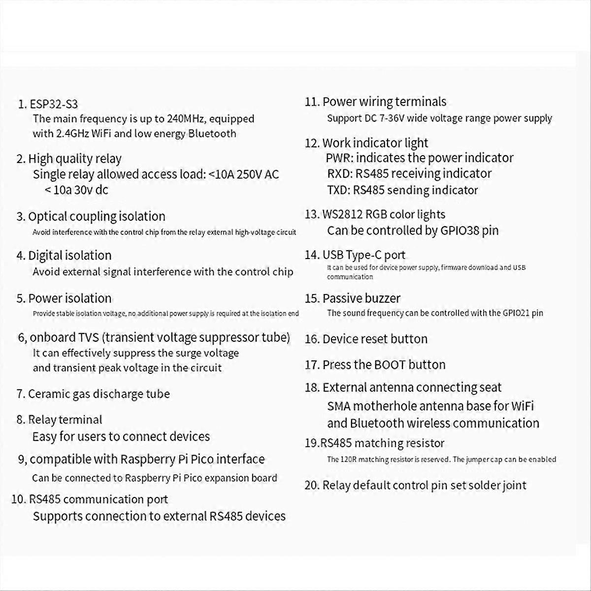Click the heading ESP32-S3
pyautogui.click(x=54, y=104)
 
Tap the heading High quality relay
pyautogui.click(x=74, y=159)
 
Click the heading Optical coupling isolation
pyautogui.click(x=97, y=217)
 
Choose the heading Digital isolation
pyautogui.click(x=69, y=256)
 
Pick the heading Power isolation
pyautogui.click(x=69, y=298)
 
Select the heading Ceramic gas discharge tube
pyautogui.click(x=98, y=394)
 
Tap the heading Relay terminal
pyautogui.click(x=65, y=420)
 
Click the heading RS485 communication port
pyautogui.click(x=98, y=499)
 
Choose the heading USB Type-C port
pyautogui.click(x=363, y=255)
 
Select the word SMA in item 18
pyautogui.click(x=338, y=406)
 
